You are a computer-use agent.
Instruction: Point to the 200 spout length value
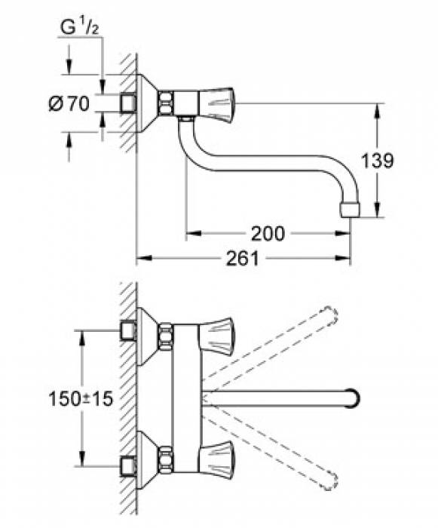268,234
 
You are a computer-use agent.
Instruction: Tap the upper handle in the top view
215,330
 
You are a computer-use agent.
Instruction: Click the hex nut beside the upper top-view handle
167,331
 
